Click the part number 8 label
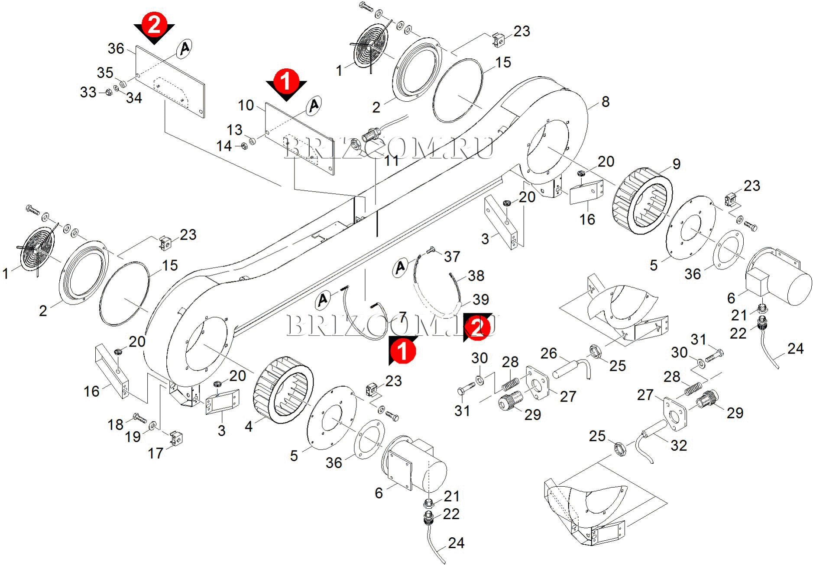pyautogui.click(x=605, y=102)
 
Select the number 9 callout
pyautogui.click(x=676, y=164)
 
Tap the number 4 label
pyautogui.click(x=248, y=427)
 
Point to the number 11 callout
pyautogui.click(x=391, y=161)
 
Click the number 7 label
pyautogui.click(x=403, y=317)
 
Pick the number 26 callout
pyautogui.click(x=548, y=353)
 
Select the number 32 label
pyautogui.click(x=678, y=445)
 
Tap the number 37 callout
pyautogui.click(x=452, y=257)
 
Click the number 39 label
pyautogui.click(x=481, y=299)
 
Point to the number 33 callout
pyautogui.click(x=88, y=92)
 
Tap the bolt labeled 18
pyautogui.click(x=140, y=418)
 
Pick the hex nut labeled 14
pyautogui.click(x=243, y=146)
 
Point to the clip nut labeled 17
pyautogui.click(x=176, y=438)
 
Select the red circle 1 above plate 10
pyautogui.click(x=286, y=80)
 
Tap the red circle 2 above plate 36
pyautogui.click(x=154, y=24)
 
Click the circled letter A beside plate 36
pyautogui.click(x=185, y=48)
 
